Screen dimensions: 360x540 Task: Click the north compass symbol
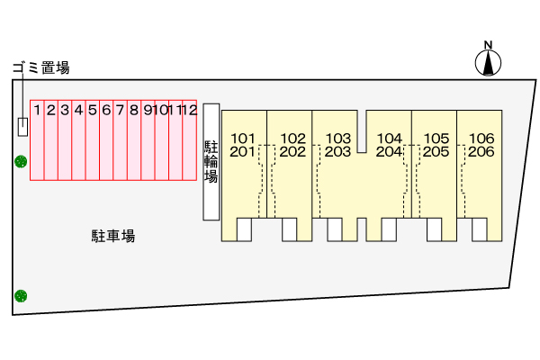pos(488,60)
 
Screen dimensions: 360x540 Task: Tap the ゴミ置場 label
pos(40,67)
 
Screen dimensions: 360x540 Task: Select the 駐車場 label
pos(112,237)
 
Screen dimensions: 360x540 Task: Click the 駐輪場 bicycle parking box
pos(211,162)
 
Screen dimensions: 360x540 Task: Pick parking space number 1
pos(37,139)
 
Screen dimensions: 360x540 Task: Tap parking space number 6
pos(105,139)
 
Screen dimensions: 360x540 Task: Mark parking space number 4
pos(78,139)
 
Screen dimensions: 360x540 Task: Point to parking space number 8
pos(133,139)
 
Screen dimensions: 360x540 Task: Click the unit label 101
pos(244,138)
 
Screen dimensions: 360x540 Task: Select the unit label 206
pos(482,151)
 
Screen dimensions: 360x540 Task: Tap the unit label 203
pos(337,151)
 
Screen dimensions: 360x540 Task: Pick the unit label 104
pos(389,138)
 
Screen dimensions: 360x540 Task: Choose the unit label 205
pos(436,151)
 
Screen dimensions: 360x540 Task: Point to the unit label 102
pos(293,138)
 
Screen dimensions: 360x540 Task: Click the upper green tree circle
pos(20,162)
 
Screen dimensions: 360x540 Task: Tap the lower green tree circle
pos(20,295)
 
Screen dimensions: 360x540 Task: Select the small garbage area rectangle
pos(22,127)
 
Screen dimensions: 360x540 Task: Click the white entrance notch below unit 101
pos(244,229)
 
